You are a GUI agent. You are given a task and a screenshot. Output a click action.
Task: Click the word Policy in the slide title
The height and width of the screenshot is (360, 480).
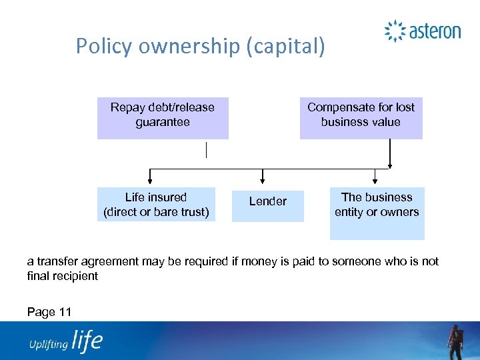(x=97, y=46)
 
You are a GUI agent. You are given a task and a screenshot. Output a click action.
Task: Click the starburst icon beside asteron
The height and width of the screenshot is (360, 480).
(x=395, y=31)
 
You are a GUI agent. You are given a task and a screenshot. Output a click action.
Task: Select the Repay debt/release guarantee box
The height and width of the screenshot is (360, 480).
(x=163, y=118)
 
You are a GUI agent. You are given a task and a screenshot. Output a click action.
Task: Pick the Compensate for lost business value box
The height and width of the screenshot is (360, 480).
(x=361, y=118)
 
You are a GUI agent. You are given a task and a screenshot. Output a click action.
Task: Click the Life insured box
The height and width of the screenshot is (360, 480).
(x=156, y=204)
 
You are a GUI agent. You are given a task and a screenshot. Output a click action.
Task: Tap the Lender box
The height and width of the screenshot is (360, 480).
(x=267, y=205)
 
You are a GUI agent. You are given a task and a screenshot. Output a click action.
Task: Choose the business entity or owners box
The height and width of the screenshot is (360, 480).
(x=377, y=213)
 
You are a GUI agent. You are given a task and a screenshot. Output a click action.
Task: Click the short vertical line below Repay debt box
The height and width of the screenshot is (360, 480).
(x=207, y=150)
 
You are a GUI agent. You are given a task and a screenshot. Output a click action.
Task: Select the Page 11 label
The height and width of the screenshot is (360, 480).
(x=49, y=311)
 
